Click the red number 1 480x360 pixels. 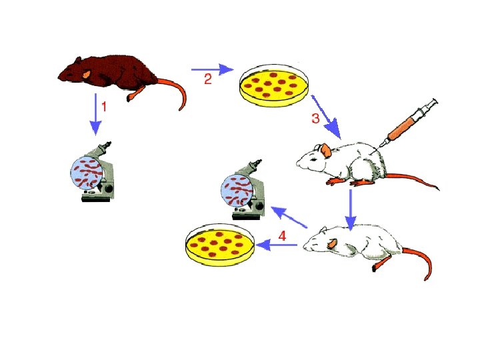(x=104, y=105)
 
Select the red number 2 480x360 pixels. (x=208, y=79)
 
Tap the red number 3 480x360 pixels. (x=316, y=119)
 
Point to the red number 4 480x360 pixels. (x=282, y=235)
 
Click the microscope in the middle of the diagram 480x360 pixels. (x=243, y=191)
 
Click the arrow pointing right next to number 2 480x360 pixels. (x=211, y=69)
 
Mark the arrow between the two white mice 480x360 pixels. (x=351, y=208)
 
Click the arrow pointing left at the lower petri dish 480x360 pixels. (x=277, y=246)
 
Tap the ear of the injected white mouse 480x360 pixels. (x=325, y=151)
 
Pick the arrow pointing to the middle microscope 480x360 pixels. (x=287, y=217)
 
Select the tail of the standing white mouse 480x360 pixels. (x=413, y=179)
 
